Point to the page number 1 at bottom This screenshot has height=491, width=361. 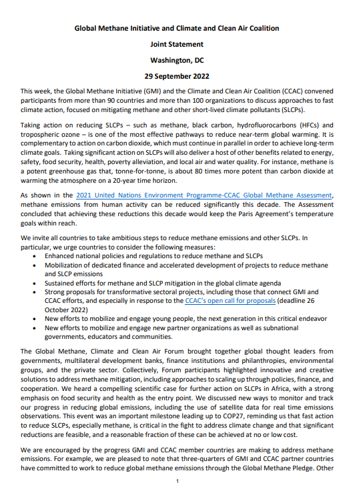(x=177, y=482)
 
